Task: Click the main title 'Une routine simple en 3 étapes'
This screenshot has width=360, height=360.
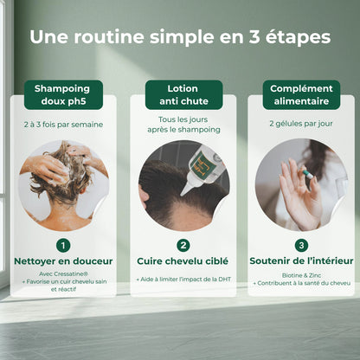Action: click(x=180, y=38)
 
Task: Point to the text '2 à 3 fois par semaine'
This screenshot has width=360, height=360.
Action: click(x=61, y=125)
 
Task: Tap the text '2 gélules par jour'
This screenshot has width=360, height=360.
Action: click(x=302, y=125)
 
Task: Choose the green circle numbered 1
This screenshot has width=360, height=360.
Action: click(x=62, y=245)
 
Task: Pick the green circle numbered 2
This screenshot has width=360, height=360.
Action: click(x=183, y=245)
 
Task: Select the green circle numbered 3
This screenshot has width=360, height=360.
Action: click(x=301, y=245)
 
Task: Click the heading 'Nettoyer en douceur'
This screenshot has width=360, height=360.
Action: click(x=62, y=260)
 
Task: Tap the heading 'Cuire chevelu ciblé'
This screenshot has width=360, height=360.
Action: click(x=183, y=260)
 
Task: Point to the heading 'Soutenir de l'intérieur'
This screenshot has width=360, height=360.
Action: click(x=301, y=260)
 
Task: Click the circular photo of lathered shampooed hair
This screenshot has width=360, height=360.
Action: click(x=62, y=184)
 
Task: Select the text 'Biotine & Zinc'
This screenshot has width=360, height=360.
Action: click(x=301, y=275)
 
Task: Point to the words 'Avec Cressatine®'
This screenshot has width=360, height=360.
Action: click(x=61, y=275)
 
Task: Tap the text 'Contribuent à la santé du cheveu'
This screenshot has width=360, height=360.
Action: click(x=301, y=283)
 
